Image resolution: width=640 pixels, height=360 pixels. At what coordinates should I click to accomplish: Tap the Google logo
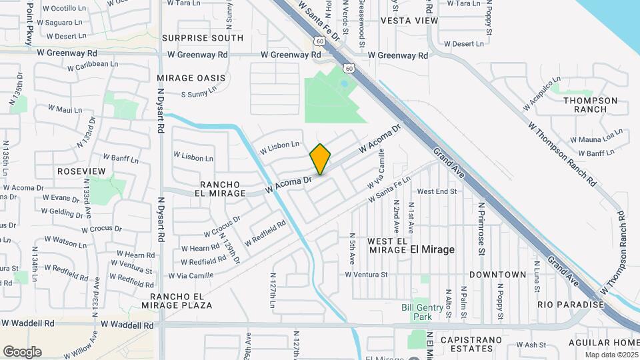point(22,352)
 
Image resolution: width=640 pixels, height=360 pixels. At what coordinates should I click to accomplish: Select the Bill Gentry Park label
point(422,312)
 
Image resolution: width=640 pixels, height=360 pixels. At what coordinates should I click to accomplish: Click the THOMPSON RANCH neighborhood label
point(590,105)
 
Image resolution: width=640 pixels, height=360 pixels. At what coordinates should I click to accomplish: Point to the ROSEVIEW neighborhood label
point(81,171)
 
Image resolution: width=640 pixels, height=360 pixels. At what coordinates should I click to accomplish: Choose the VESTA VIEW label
point(409,21)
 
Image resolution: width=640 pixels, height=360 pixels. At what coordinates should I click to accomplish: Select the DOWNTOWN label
point(497,275)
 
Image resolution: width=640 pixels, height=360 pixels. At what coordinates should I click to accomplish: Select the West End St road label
point(437,191)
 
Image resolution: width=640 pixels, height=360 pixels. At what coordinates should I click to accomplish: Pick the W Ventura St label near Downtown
point(366,275)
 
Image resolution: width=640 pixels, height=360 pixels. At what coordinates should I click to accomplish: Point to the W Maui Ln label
point(65,109)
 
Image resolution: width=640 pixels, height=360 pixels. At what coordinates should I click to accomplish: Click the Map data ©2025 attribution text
point(611,355)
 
